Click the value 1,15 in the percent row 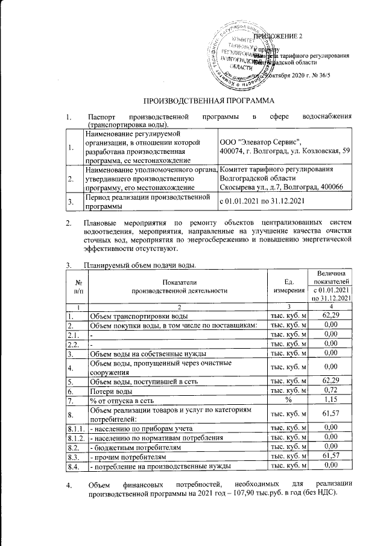tap(329, 400)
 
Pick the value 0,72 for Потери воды tap(329, 391)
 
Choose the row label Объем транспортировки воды tap(139, 316)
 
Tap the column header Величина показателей tap(329, 279)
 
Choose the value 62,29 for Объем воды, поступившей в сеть tap(329, 381)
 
